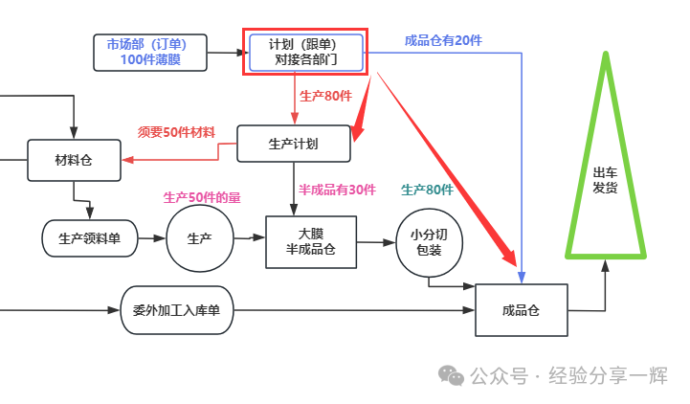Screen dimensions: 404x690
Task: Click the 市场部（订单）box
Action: (151, 52)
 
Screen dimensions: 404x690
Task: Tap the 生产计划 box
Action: (294, 144)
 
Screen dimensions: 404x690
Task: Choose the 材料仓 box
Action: (74, 160)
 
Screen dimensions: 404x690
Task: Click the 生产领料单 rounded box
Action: (90, 238)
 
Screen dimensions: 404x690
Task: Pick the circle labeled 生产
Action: (200, 238)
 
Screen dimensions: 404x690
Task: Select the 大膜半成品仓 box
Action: (310, 241)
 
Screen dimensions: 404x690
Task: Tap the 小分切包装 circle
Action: (429, 242)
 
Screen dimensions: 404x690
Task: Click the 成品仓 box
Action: (521, 310)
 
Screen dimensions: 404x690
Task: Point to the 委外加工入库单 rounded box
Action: (177, 310)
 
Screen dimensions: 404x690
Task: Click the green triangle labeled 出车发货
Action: (605, 177)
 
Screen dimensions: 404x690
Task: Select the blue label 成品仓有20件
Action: (443, 40)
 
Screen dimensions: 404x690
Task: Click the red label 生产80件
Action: (326, 96)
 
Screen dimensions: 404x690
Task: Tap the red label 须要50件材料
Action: (176, 131)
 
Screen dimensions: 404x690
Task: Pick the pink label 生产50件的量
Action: (202, 197)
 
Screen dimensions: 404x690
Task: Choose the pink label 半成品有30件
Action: (337, 190)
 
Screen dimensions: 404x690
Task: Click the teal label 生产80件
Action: (427, 190)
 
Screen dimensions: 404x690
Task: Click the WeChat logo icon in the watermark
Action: (452, 376)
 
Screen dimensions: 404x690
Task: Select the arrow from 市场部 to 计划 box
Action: (224, 53)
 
